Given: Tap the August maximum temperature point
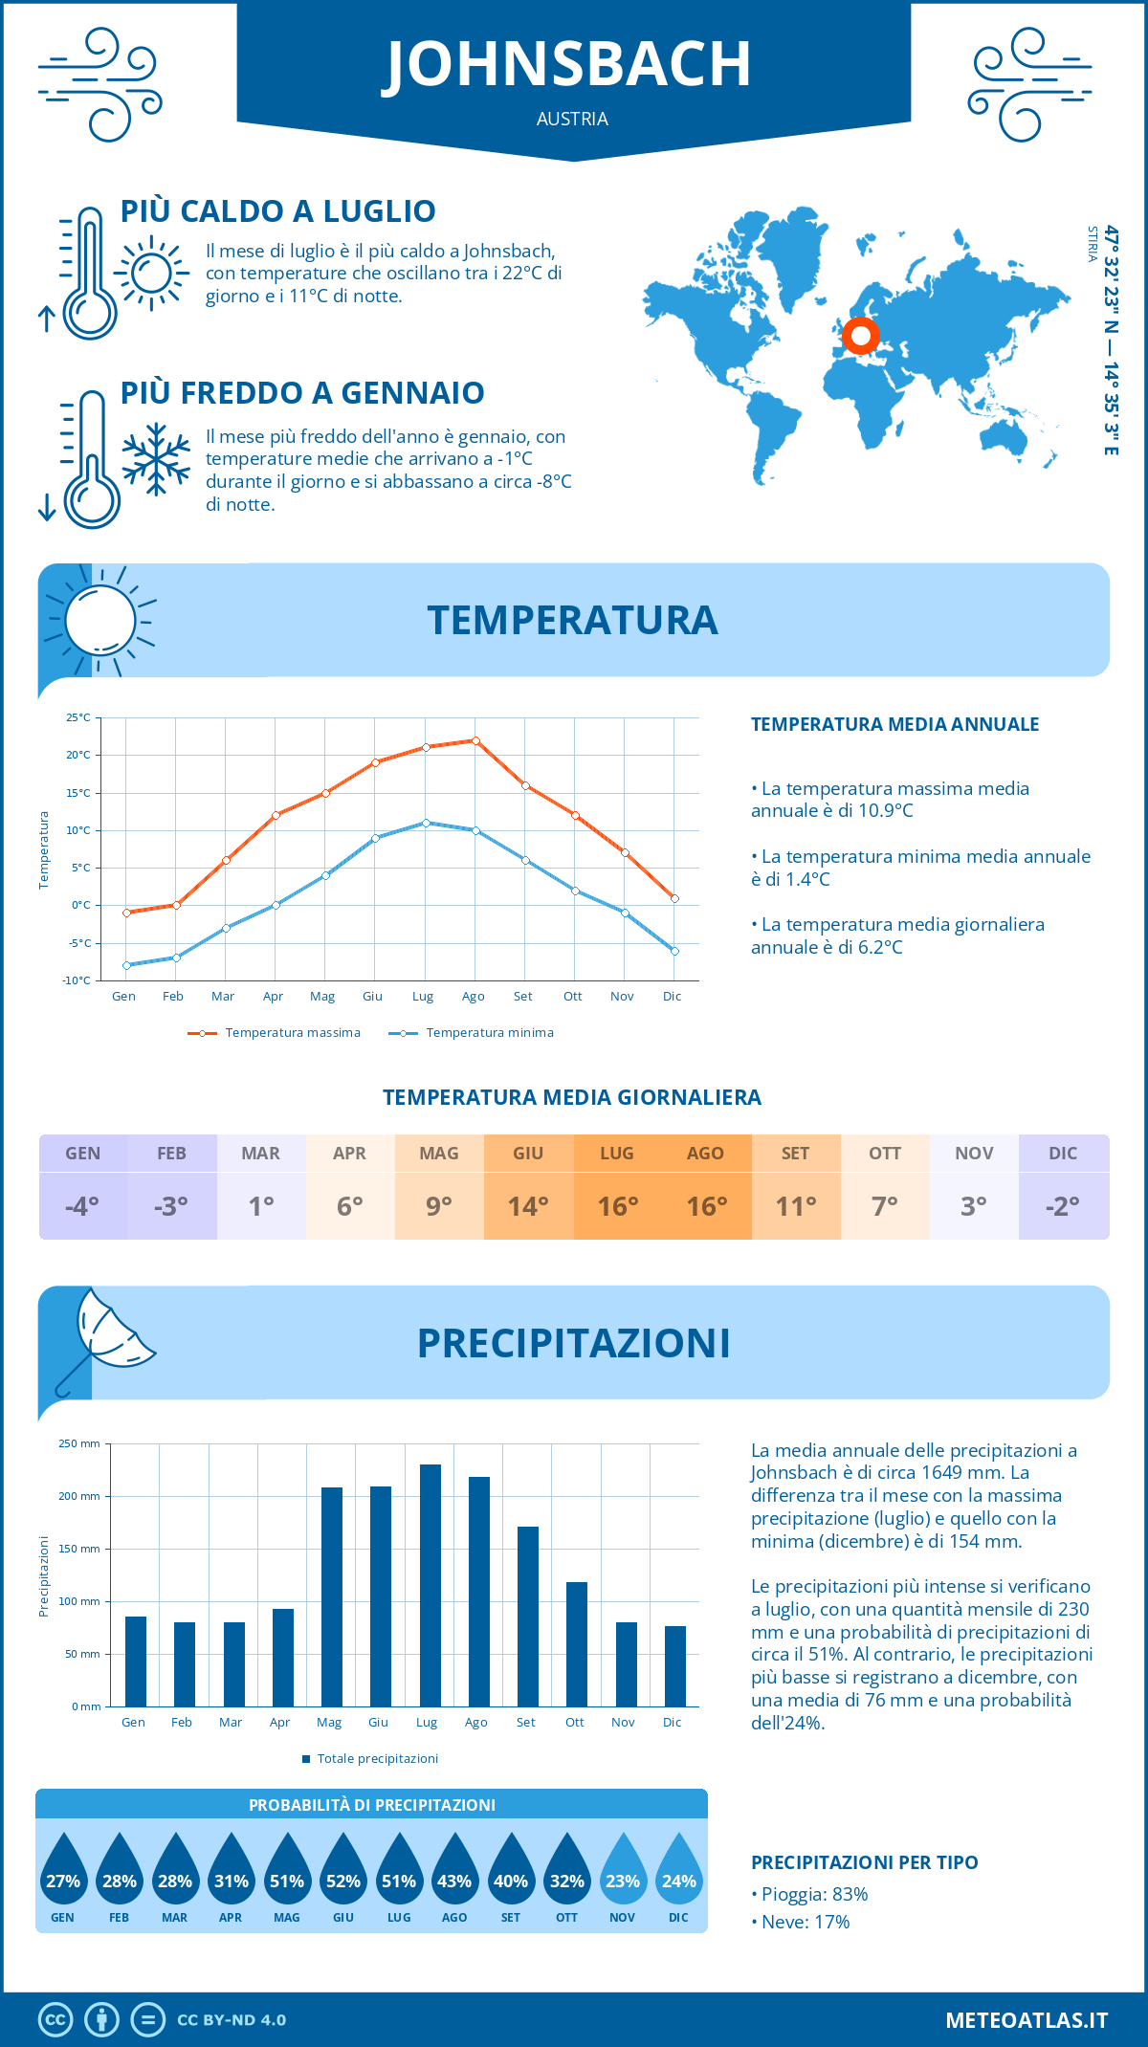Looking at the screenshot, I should pyautogui.click(x=475, y=740).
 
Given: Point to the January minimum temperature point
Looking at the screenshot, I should pyautogui.click(x=126, y=965).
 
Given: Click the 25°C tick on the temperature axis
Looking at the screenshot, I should pyautogui.click(x=78, y=717).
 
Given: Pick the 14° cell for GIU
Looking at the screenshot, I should pyautogui.click(x=528, y=1206).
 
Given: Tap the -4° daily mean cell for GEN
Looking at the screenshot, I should pyautogui.click(x=82, y=1206).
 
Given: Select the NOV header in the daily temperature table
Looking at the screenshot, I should pyautogui.click(x=974, y=1154).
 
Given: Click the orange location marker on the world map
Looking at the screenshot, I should pyautogui.click(x=860, y=336).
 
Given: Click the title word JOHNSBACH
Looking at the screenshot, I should pyautogui.click(x=568, y=65).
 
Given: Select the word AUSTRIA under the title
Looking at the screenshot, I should pyautogui.click(x=572, y=120).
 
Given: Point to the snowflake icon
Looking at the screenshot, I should pyautogui.click(x=156, y=459).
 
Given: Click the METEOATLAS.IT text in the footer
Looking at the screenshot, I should pyautogui.click(x=1027, y=2020).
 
